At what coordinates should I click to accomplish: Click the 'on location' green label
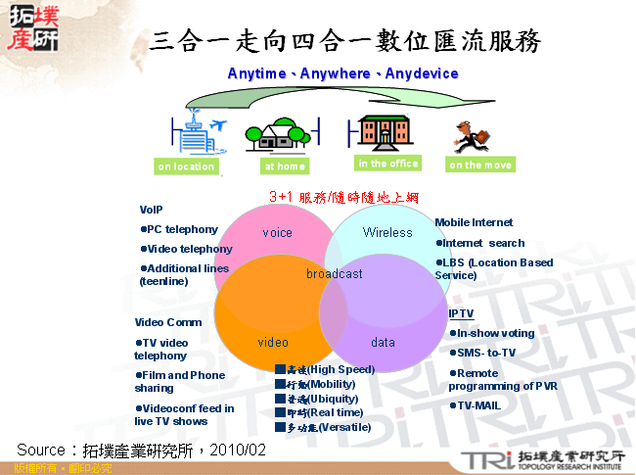[186, 166]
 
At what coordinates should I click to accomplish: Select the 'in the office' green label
[388, 164]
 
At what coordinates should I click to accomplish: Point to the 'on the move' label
[480, 165]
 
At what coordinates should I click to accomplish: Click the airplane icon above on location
[218, 124]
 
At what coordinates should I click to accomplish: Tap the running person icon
[472, 135]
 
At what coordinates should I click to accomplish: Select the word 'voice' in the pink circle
[278, 233]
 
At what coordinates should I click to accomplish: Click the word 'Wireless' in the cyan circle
[388, 232]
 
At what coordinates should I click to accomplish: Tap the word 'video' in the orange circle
[273, 343]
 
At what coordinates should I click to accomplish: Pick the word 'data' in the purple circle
[383, 343]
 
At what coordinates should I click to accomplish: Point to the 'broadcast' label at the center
[334, 274]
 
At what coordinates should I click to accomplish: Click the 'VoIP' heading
[151, 210]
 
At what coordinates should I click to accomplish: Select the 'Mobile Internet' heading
[474, 222]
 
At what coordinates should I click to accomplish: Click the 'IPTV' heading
[461, 313]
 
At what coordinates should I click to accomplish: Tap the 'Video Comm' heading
[168, 322]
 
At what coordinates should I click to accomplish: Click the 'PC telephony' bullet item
[181, 229]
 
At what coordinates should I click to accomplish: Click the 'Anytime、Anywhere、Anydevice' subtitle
[342, 73]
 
